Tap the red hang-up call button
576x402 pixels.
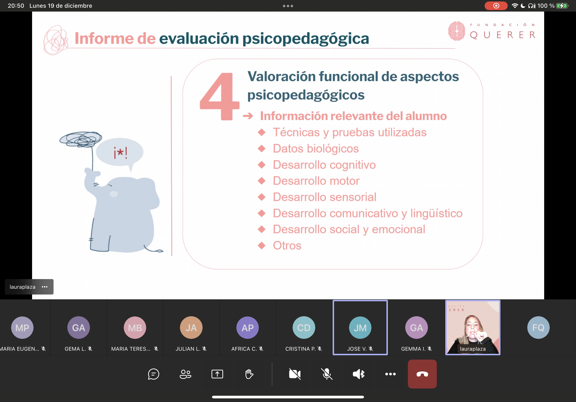pos(422,374)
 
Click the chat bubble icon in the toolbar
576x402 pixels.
pos(154,374)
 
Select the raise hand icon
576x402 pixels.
pos(249,374)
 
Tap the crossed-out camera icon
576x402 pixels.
pos(295,374)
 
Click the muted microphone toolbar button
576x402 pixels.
pos(327,374)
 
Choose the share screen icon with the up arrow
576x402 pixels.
pos(217,374)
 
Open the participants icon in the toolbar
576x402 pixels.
pos(185,374)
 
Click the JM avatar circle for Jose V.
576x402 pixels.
pos(360,328)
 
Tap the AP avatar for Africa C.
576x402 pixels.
pos(247,328)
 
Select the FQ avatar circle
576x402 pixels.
pos(538,328)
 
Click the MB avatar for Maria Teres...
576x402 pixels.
pos(135,328)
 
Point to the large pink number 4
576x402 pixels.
pos(219,96)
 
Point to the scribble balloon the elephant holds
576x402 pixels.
pos(81,139)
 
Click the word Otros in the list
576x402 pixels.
pos(287,245)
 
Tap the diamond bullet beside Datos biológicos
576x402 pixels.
pos(262,149)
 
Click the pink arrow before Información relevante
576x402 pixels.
pos(248,116)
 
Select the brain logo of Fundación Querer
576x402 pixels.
pos(457,31)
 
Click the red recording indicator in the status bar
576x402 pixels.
pos(496,6)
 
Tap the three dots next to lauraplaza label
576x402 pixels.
pos(45,287)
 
